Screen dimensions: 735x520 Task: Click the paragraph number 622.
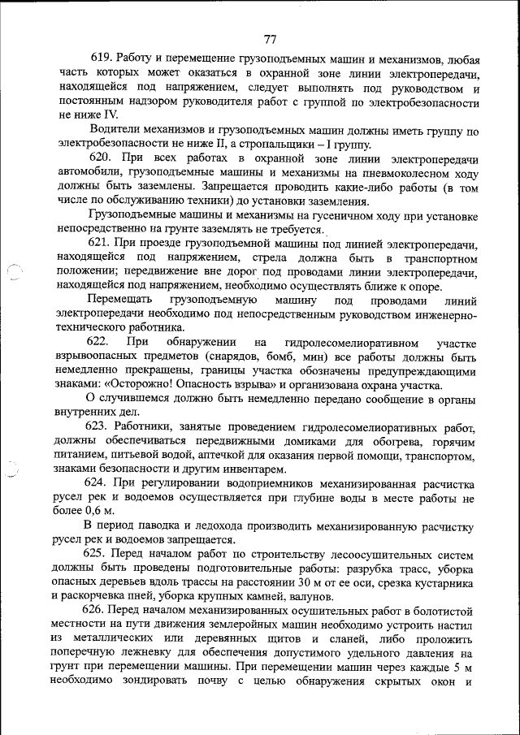[100, 344]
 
